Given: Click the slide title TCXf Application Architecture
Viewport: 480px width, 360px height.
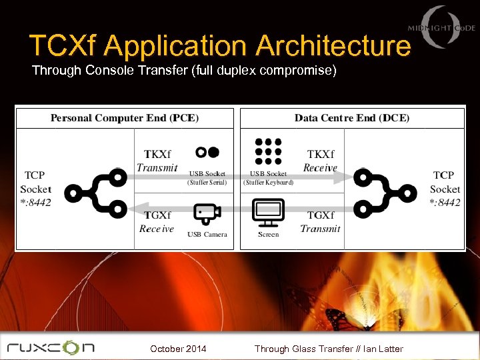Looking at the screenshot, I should (x=220, y=46).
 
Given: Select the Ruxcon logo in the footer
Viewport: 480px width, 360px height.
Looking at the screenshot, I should (x=51, y=347).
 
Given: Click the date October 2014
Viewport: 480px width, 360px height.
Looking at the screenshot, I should (x=178, y=349).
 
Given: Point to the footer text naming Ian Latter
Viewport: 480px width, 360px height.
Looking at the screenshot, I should (x=329, y=349).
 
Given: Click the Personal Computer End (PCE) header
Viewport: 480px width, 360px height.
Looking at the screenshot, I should (x=125, y=118).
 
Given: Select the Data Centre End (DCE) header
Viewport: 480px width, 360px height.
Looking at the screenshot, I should (x=352, y=118).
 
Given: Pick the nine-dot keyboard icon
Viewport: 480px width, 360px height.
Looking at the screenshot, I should (x=268, y=152).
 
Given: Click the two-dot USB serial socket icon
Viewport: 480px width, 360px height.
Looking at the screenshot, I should (x=207, y=152).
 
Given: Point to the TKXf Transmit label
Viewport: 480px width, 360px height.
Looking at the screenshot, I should (x=157, y=161).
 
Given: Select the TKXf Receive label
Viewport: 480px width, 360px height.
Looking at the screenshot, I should (x=320, y=161).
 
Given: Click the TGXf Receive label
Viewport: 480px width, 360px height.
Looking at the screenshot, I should (x=157, y=221).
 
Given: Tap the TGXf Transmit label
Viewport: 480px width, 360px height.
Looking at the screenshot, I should (x=320, y=221).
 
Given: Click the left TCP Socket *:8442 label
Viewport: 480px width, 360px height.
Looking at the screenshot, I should (x=35, y=189).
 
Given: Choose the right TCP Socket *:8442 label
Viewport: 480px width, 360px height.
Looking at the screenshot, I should (x=445, y=189).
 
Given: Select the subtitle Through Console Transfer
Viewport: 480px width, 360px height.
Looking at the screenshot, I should (x=183, y=70).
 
